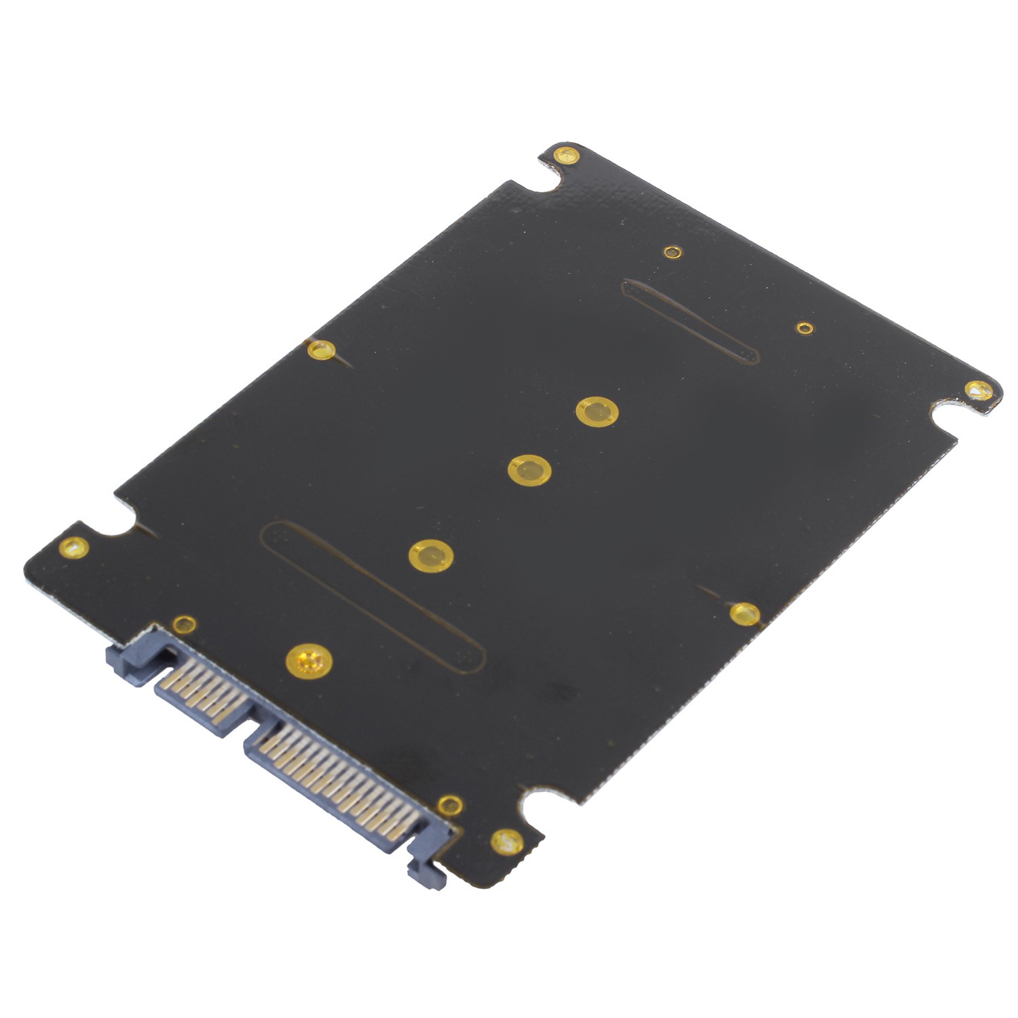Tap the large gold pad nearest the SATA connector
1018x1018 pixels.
pos(309,660)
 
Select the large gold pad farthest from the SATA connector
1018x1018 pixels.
pos(597,411)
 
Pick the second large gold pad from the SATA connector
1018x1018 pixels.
pos(431,556)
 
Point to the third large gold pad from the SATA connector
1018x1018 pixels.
pos(529,470)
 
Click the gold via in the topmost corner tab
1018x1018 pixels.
pos(566,155)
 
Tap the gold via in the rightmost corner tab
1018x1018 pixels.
pos(979,390)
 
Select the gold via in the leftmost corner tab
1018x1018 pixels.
pos(73,547)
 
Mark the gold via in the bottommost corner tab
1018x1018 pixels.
pos(506,842)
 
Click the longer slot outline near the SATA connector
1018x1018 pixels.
pos(373,597)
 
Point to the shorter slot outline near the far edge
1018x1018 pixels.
pos(690,321)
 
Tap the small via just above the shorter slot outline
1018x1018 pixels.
pos(672,252)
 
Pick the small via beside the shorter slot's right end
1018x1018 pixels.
pos(805,328)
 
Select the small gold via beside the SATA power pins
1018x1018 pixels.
pos(449,806)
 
